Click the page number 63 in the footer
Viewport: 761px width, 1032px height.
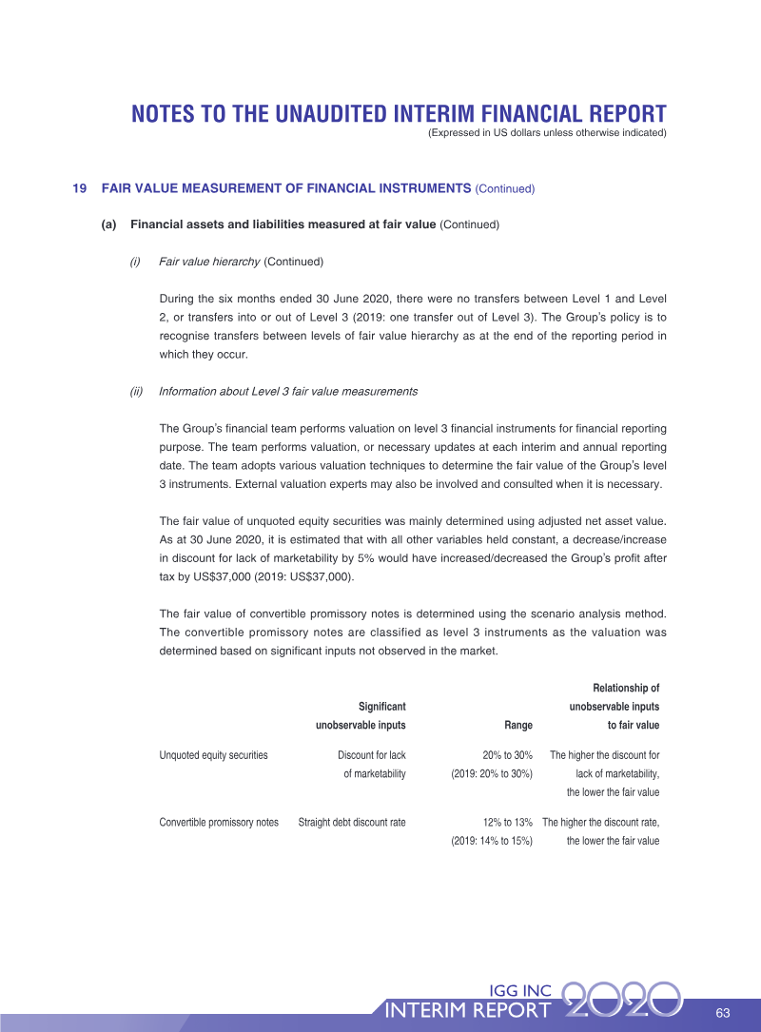(x=722, y=1010)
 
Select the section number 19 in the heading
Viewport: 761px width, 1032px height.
(x=80, y=188)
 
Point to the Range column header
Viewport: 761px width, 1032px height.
(x=517, y=725)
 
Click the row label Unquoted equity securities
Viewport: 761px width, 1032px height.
(x=213, y=755)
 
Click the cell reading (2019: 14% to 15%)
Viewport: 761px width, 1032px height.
(x=491, y=841)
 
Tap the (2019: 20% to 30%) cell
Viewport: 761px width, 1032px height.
(x=491, y=773)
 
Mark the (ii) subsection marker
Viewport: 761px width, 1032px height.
(x=136, y=391)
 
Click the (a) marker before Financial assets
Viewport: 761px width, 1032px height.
(x=108, y=224)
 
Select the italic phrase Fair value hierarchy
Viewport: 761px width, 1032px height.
(x=209, y=261)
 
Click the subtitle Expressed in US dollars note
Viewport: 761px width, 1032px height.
(x=547, y=132)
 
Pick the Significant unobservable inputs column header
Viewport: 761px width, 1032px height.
(x=361, y=715)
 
